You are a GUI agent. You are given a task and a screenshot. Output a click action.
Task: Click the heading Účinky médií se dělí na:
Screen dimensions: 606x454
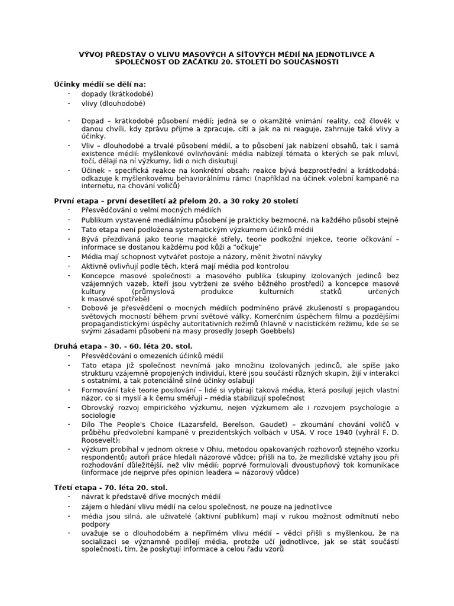pos(100,85)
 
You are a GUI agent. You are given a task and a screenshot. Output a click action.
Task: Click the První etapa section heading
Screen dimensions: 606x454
pos(176,201)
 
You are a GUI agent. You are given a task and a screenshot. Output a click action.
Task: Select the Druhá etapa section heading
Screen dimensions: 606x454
pos(124,345)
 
